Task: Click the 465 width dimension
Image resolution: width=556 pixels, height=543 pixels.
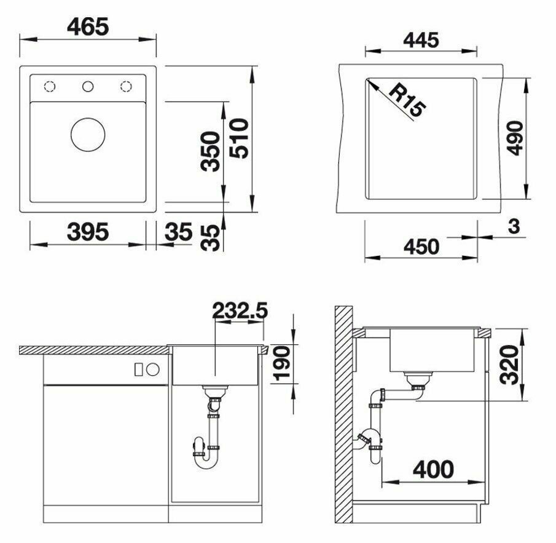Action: click(88, 26)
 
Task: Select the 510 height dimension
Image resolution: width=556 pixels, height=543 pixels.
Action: click(238, 138)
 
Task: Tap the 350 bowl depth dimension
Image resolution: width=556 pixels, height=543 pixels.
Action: click(210, 151)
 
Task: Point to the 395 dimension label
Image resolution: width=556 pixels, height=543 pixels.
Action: click(88, 232)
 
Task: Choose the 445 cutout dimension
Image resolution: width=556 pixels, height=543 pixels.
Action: click(421, 40)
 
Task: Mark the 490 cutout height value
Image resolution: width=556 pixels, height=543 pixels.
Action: click(514, 138)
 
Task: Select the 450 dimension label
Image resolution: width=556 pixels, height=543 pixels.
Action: click(421, 247)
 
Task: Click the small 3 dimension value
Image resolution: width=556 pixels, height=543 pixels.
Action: click(514, 226)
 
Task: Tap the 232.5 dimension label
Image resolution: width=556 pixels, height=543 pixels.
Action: click(240, 311)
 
